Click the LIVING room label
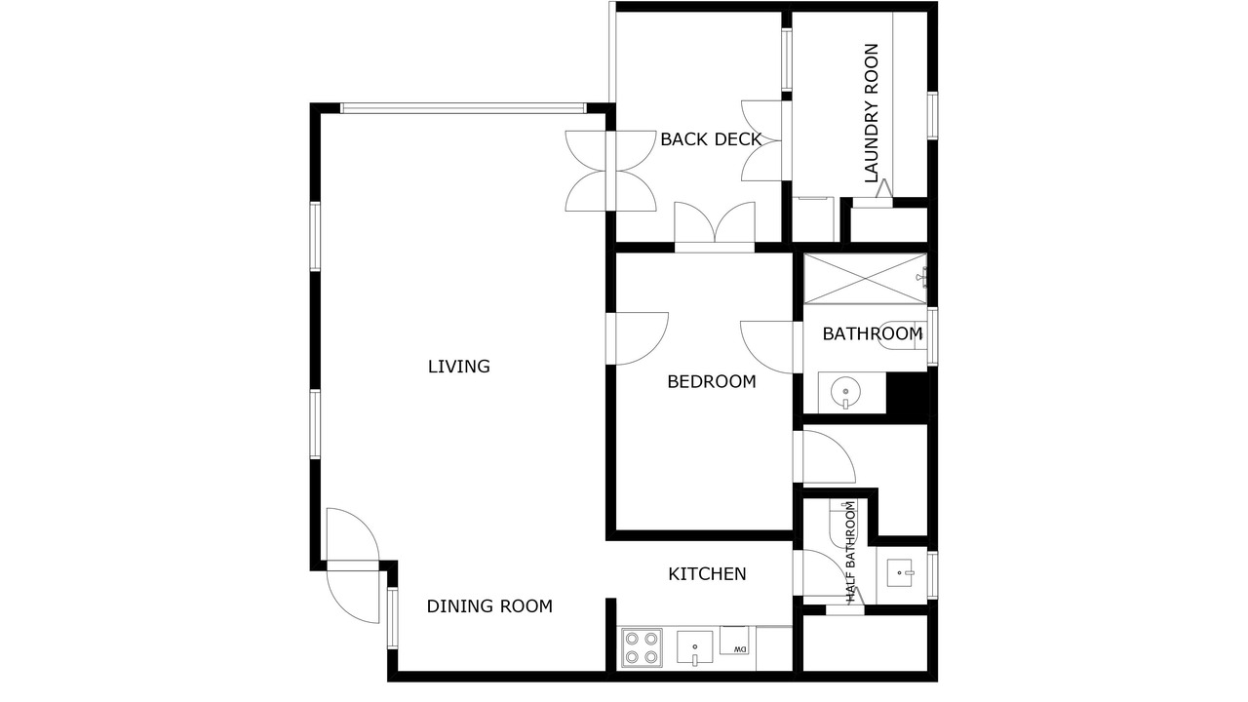pos(458,367)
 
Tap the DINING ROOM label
pos(489,606)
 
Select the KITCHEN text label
pos(707,574)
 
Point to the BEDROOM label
pos(712,381)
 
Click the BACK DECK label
pos(711,139)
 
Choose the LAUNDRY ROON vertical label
pos(872,113)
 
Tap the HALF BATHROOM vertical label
pos(850,552)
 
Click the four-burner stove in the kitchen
pos(642,647)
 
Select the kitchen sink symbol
pos(695,648)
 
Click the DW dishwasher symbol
pos(734,641)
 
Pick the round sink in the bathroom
pos(845,391)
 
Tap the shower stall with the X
pos(865,279)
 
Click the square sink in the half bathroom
pos(899,573)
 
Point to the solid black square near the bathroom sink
pos(907,393)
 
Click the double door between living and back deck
pos(610,171)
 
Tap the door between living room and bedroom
pos(637,338)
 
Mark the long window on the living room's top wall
pos(463,108)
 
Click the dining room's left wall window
pos(393,618)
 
